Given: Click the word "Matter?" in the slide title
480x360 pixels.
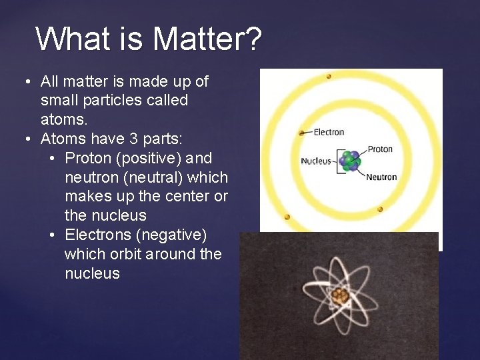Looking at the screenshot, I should point(208,39).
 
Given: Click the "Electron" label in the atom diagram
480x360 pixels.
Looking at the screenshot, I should point(329,132).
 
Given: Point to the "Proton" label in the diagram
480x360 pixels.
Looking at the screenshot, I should point(380,149).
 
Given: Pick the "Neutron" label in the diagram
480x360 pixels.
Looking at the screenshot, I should point(381,177).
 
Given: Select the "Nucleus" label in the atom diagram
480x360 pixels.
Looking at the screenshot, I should point(316,161).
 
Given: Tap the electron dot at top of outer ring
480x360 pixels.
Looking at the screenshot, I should point(329,77).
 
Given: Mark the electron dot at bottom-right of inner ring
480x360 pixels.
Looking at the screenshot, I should point(380,209).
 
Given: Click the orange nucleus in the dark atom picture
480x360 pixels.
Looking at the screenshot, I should point(340,295).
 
